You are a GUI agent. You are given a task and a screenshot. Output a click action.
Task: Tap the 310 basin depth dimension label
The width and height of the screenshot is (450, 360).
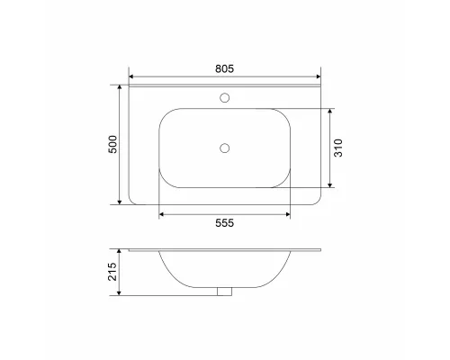(339, 148)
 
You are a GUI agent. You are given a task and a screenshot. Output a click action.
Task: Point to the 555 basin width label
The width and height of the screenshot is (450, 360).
(224, 224)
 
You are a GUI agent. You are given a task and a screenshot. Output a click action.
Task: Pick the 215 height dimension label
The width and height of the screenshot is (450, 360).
(112, 271)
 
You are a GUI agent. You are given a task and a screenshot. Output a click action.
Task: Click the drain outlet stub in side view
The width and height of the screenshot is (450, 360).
(224, 291)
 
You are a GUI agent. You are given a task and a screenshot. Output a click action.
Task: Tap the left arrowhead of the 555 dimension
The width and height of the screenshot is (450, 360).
(162, 214)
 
